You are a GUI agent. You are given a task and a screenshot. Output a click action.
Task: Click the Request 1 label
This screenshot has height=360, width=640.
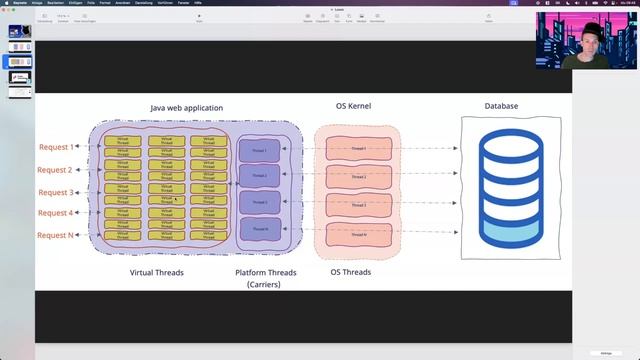click(x=56, y=147)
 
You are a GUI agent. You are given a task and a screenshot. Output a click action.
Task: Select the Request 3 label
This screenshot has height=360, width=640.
click(x=56, y=192)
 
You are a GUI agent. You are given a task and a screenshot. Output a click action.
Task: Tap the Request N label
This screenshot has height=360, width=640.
click(x=56, y=235)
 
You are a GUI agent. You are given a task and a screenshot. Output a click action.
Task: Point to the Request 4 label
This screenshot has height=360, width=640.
click(x=56, y=213)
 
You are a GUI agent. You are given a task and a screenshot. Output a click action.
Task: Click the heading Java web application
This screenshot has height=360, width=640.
click(x=186, y=108)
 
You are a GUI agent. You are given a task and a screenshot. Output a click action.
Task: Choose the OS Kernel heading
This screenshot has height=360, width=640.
click(x=353, y=105)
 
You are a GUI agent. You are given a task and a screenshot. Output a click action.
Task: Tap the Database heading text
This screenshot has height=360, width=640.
click(x=501, y=105)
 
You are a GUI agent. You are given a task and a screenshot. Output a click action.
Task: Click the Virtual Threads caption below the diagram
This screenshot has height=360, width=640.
click(x=157, y=272)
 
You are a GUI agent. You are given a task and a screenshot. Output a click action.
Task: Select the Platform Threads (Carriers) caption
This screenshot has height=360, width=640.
click(x=266, y=277)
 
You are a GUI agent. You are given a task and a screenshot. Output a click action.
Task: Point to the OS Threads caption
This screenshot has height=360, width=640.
click(x=351, y=272)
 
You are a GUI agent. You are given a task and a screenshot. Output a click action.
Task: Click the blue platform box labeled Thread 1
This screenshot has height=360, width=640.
click(x=259, y=150)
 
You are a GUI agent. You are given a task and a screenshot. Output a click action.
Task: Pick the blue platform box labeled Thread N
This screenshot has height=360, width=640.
click(x=259, y=229)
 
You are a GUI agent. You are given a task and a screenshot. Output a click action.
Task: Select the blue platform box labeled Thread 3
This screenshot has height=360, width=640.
click(x=259, y=202)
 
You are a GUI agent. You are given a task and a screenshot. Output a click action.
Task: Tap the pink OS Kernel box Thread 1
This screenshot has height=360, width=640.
click(x=358, y=149)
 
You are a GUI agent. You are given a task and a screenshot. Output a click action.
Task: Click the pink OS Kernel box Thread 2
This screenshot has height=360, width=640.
click(x=358, y=177)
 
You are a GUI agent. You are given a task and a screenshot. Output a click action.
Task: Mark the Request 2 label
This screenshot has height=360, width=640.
click(x=56, y=170)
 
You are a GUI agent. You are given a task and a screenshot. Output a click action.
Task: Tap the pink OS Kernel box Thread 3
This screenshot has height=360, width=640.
click(x=358, y=205)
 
